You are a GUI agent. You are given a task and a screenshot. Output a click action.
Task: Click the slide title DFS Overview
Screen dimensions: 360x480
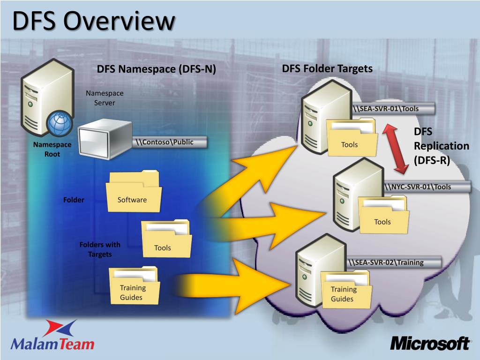[x=94, y=22]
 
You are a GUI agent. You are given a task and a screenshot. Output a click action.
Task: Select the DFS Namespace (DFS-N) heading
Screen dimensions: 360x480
[x=156, y=69]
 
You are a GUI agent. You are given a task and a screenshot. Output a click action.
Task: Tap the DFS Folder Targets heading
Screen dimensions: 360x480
[x=327, y=69]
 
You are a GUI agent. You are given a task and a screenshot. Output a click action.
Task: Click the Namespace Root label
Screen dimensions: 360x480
[x=52, y=149]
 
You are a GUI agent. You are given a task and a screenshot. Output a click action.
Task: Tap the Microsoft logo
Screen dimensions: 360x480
[x=430, y=343]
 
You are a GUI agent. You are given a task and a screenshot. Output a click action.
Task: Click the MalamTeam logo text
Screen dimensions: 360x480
[x=52, y=344]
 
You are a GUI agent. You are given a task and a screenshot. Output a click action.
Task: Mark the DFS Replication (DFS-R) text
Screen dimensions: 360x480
[x=441, y=146]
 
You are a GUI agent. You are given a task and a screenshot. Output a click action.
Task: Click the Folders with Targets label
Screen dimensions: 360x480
[x=99, y=249]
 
